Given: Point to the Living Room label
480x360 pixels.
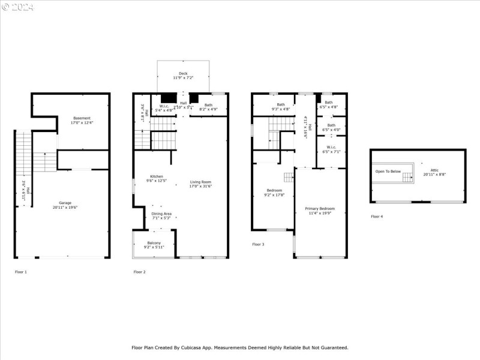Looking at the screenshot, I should tap(201, 184).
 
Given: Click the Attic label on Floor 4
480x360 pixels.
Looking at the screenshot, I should tap(426, 170).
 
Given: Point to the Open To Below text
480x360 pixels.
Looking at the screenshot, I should tap(388, 172).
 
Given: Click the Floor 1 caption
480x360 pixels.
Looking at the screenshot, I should tap(21, 272).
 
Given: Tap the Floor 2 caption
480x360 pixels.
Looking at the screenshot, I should tap(140, 272).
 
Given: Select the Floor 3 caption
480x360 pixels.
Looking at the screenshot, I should tap(258, 244).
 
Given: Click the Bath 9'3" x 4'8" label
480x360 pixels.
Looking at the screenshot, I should tap(281, 107).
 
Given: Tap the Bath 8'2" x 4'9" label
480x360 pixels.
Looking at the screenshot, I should tap(208, 107).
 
